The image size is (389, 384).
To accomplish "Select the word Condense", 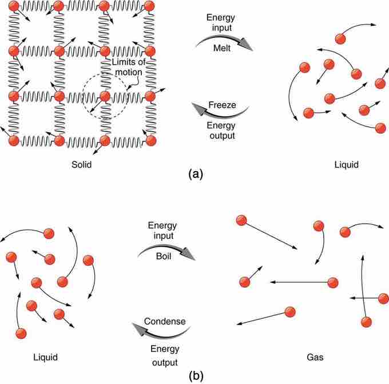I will pos(165,321).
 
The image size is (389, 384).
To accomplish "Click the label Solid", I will pos(81,165).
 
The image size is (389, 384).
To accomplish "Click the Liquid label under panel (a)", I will pos(346,165).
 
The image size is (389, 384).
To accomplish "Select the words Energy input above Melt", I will pos(221,23).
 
